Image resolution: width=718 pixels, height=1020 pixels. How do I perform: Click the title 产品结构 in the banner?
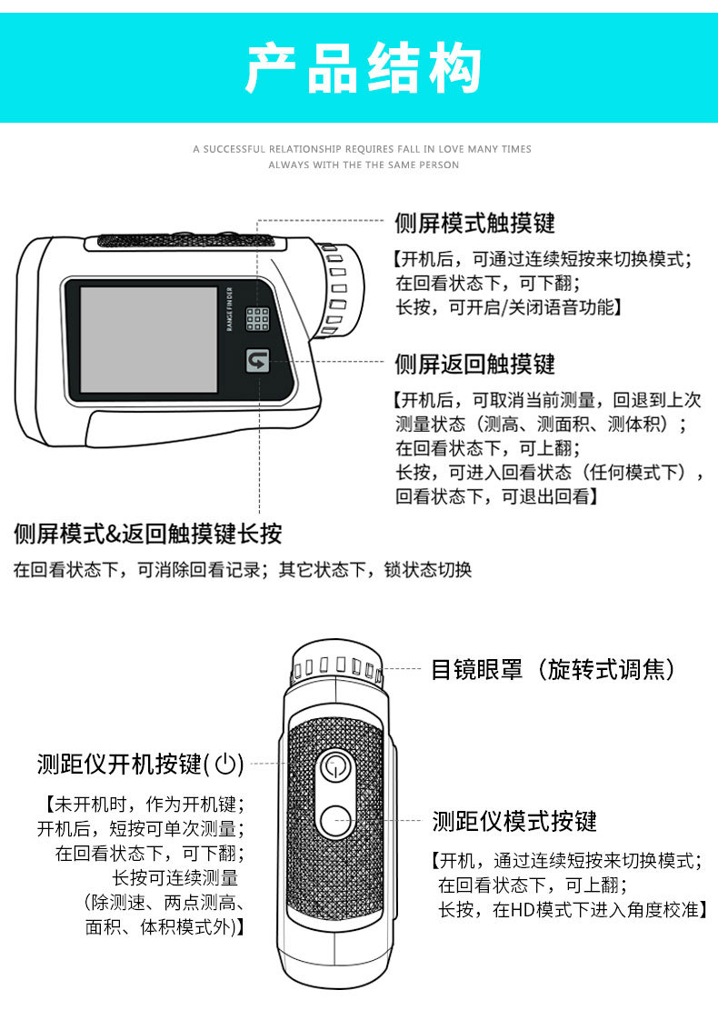(363, 68)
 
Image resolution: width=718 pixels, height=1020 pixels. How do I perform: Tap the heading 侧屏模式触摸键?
(474, 223)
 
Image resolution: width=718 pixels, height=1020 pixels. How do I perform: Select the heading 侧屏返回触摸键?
(474, 365)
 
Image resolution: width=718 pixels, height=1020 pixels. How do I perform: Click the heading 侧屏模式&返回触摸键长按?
(148, 533)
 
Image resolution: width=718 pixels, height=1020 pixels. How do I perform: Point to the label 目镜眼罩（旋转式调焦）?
(553, 670)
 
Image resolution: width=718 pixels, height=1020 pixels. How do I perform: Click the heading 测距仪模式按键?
(514, 822)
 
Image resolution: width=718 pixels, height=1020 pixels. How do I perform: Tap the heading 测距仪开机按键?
(118, 765)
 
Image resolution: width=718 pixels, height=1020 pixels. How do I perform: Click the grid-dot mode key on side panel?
(258, 318)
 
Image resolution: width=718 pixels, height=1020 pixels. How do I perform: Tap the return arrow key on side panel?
(258, 361)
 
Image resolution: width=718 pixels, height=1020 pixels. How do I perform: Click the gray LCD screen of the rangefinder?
(148, 339)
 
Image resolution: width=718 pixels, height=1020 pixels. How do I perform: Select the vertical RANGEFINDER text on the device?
(231, 310)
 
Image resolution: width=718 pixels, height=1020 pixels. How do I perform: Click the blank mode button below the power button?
(335, 821)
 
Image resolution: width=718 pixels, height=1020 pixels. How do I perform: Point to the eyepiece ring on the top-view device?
(336, 669)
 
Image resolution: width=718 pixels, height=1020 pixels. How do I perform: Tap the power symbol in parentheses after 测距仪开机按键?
(227, 765)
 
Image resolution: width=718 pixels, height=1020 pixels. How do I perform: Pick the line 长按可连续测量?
(175, 878)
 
